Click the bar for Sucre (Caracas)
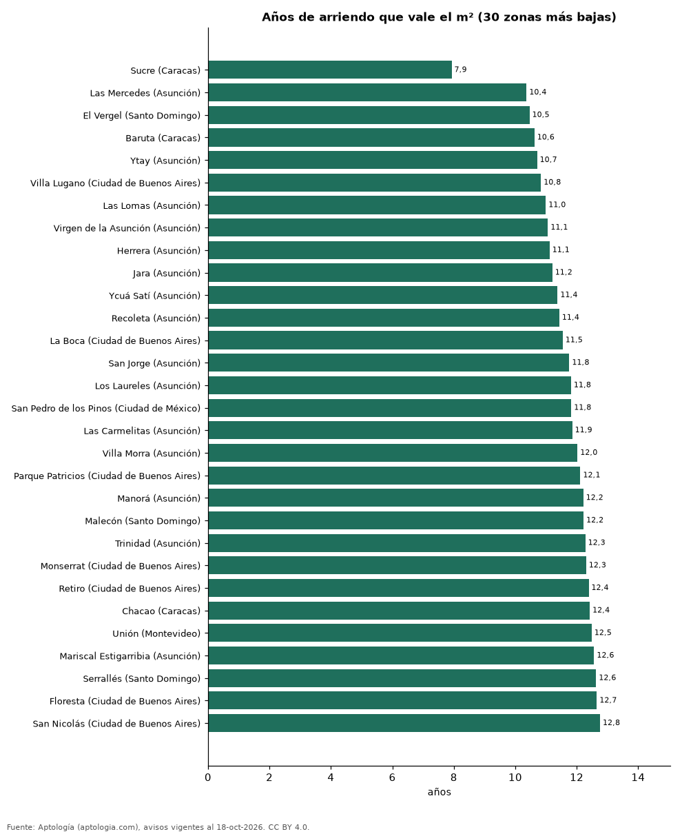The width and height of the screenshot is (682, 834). point(330,70)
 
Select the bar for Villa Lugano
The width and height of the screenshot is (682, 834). point(374,182)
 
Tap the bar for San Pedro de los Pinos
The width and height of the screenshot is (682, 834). point(389,408)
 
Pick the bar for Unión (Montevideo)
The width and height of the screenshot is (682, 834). point(400,633)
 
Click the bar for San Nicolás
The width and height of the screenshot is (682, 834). point(404,723)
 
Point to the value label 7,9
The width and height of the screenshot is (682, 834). point(460,70)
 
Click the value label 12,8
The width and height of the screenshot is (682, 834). point(611,722)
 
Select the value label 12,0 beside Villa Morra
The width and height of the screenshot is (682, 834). point(588,452)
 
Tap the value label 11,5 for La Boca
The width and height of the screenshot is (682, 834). point(574,340)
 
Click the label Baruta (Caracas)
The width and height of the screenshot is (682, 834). point(163,138)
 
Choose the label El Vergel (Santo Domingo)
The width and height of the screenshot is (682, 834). point(141,116)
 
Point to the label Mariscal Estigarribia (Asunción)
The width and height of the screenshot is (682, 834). point(130,656)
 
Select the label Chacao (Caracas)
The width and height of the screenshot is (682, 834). point(161,611)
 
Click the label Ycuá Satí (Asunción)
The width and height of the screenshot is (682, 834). point(154,296)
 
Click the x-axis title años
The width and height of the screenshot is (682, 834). point(439,792)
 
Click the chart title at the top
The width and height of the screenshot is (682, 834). point(439,17)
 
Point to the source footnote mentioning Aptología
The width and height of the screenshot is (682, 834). point(158,827)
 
